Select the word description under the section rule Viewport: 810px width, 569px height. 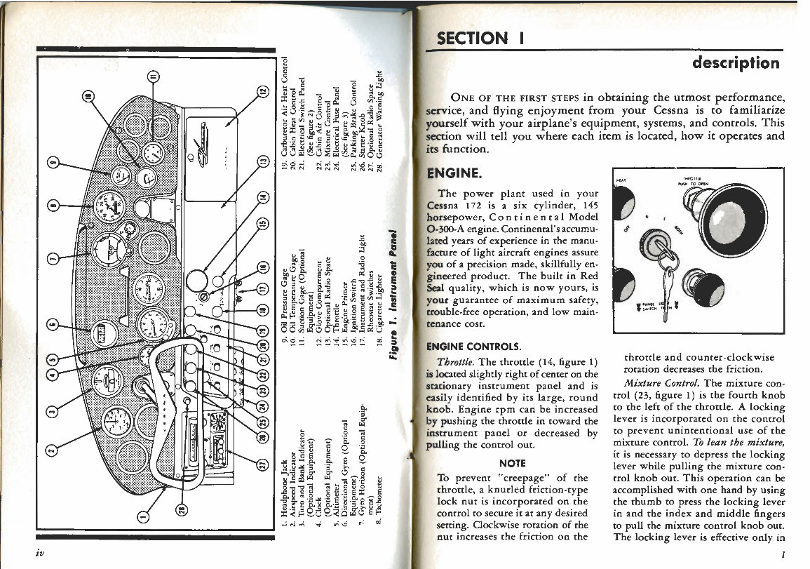(735, 63)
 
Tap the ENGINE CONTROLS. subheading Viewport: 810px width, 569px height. (473, 347)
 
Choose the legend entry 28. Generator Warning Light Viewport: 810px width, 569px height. (378, 123)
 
